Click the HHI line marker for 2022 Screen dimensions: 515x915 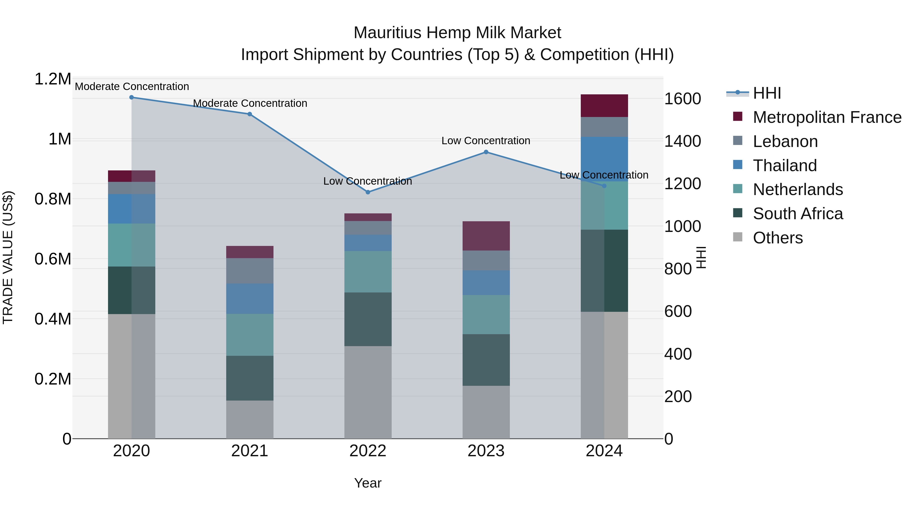click(368, 192)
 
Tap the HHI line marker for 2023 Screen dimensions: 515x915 click(486, 152)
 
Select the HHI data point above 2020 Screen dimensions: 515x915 click(131, 97)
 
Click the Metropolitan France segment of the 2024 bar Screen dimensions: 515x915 click(604, 106)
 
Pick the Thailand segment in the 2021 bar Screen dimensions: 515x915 click(250, 299)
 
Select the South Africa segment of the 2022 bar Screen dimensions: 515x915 click(368, 319)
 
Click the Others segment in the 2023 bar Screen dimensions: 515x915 click(486, 412)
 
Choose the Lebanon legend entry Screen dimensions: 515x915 click(785, 141)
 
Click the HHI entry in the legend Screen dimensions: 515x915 click(767, 93)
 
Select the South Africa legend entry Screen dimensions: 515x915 click(797, 214)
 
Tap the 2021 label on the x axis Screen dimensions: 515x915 click(250, 451)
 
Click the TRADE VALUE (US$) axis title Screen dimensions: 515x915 click(8, 257)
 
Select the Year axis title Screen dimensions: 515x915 click(368, 483)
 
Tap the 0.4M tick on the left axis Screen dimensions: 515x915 click(53, 319)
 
